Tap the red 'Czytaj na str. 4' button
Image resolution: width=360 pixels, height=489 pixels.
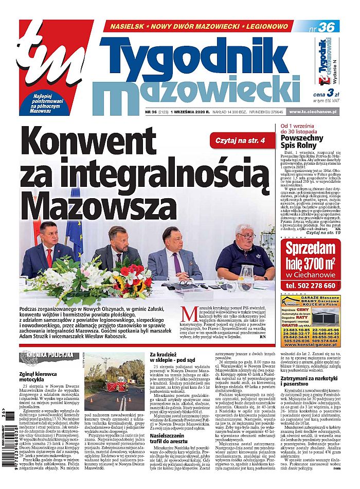coord(240,140)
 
